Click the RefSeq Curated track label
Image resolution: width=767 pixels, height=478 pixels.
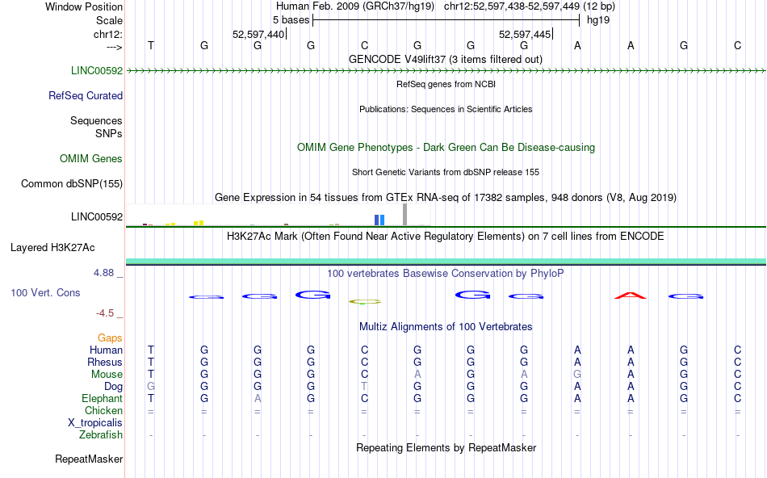coord(86,95)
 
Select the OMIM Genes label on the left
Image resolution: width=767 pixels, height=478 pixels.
coord(91,159)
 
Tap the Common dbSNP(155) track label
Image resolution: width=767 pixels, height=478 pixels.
coord(72,184)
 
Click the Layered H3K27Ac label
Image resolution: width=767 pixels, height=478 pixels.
coord(66,247)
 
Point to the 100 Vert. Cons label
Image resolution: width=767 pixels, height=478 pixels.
coord(46,292)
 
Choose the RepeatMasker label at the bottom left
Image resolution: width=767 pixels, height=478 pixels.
coord(89,459)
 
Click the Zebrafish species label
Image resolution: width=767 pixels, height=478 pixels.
coord(101,434)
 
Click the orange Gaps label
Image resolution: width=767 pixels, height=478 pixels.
coord(111,338)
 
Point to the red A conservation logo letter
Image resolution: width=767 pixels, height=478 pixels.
coord(631,296)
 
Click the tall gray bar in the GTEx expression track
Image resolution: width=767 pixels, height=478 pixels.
coord(404,214)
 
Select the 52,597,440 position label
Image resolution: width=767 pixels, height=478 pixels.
coord(258,34)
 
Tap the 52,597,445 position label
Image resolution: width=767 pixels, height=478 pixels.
coord(526,34)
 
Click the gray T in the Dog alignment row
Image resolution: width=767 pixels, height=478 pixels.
coord(364,387)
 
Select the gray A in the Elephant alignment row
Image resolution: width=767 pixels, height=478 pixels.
coord(258,399)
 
